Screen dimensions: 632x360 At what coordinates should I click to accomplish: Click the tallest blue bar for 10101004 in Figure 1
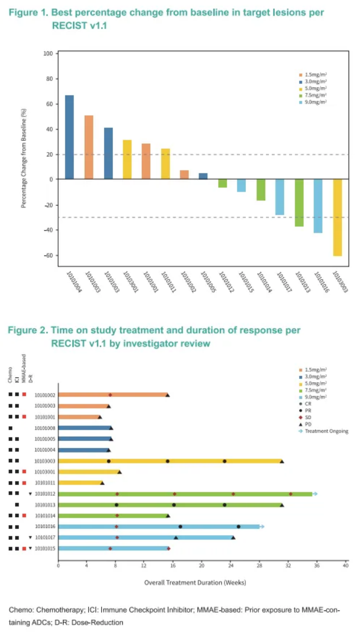69,137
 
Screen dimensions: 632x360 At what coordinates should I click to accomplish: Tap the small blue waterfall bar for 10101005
203,176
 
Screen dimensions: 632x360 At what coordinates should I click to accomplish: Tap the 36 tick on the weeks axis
316,566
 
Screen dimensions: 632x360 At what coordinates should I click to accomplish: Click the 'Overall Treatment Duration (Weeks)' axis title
195,582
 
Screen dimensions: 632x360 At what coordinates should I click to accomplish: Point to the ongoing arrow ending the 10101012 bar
315,493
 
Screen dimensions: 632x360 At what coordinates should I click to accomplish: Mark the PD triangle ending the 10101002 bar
167,395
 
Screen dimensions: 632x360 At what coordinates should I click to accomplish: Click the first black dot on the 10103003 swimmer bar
109,461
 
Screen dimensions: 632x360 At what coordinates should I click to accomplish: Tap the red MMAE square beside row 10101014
24,516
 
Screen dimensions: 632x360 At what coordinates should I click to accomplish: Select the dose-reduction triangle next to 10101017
30,537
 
